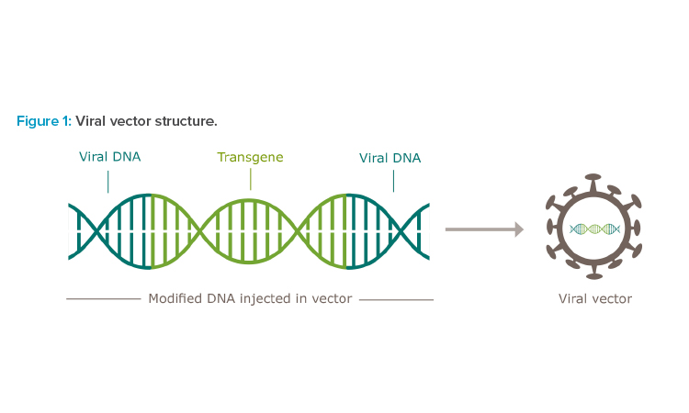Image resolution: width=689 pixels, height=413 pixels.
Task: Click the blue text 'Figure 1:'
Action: coord(44,121)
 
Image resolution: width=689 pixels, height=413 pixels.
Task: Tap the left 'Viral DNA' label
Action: coord(110,157)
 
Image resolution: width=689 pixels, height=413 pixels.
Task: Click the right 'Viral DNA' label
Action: coord(390,158)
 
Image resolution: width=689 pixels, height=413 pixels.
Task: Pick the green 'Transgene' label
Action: coord(250,157)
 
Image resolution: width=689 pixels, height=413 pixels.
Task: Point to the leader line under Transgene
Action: coord(251,179)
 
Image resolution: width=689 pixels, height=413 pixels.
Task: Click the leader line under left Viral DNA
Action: coord(108,182)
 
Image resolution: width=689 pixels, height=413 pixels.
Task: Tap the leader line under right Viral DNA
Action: coord(394,181)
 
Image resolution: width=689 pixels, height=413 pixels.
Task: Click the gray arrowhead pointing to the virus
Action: coord(519,229)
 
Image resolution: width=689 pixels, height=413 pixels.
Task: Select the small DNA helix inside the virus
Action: coord(594,229)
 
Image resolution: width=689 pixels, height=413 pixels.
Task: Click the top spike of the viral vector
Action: coord(593,182)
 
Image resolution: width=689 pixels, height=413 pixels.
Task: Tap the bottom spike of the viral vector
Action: coord(595,272)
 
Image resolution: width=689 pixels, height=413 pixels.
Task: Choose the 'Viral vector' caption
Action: coord(595,299)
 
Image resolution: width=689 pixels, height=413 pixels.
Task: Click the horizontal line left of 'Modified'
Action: coord(104,299)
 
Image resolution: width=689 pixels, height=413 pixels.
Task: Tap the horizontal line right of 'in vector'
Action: coord(396,300)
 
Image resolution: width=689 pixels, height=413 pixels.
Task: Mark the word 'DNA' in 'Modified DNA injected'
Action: coord(221,298)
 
